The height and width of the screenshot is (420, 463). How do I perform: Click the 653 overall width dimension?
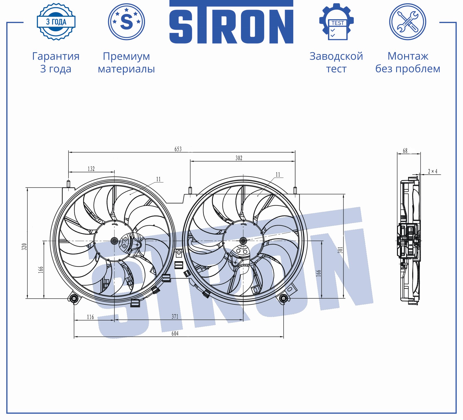point(178,149)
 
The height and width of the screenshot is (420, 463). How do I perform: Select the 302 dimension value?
point(239,158)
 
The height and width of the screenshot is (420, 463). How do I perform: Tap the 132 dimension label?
point(91,169)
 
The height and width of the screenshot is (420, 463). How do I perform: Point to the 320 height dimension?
point(24,246)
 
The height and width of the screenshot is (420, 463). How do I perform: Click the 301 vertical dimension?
point(341,250)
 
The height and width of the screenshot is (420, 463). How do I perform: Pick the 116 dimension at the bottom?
point(90,317)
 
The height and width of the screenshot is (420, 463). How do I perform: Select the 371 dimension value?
point(175,316)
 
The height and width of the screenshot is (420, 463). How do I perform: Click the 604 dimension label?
point(175,333)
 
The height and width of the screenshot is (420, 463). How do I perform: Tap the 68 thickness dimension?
point(405,151)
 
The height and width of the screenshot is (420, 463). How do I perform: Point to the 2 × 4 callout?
point(432,171)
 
